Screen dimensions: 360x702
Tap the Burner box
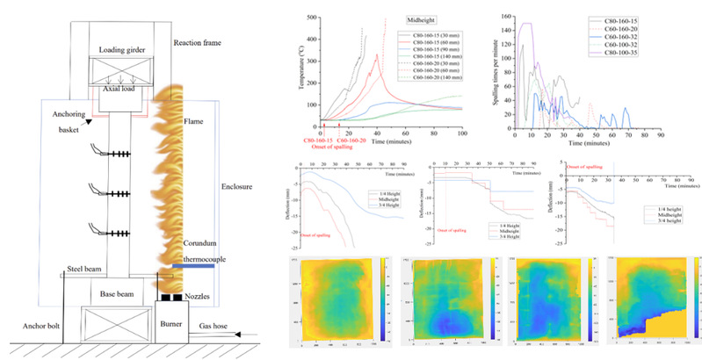click(175, 326)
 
